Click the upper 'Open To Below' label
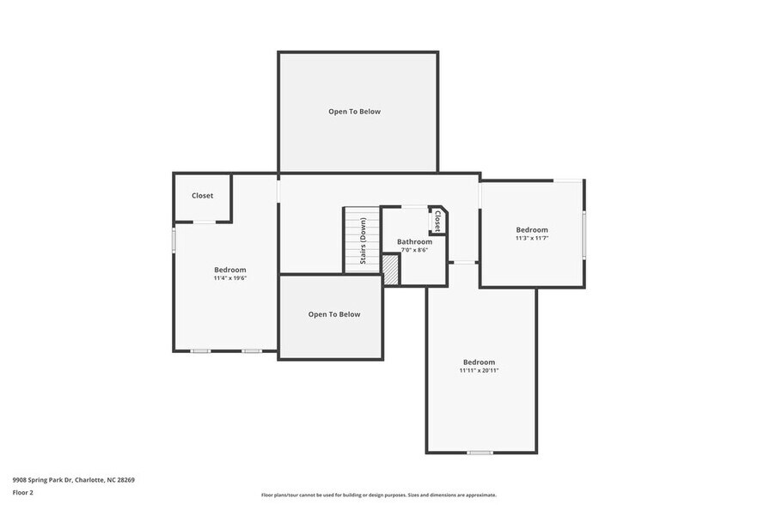pos(354,112)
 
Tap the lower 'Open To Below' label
pos(334,314)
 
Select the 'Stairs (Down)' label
pos(364,240)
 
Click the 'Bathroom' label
pos(414,242)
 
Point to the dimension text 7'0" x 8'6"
pos(414,251)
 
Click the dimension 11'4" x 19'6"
pos(230,278)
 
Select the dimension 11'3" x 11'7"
pos(532,238)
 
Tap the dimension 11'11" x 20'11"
pos(479,370)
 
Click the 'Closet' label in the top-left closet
pos(203,196)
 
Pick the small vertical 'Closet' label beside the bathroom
pos(437,221)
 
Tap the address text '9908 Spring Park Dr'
pos(43,480)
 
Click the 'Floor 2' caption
pos(23,493)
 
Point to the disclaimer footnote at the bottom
pos(379,495)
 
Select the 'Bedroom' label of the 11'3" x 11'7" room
pos(532,229)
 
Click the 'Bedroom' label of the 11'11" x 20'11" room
pos(479,362)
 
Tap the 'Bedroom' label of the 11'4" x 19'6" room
pos(230,270)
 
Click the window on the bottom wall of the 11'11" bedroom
pos(480,453)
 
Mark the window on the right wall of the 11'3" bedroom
pos(584,234)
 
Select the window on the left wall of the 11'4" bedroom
pos(174,239)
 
